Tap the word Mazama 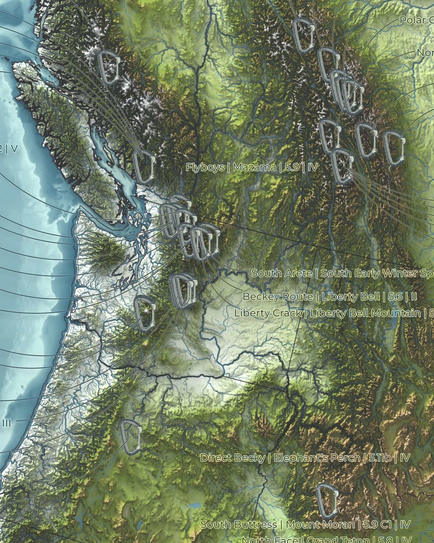pos(254,167)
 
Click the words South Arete pos(281,273)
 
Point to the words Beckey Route pos(278,297)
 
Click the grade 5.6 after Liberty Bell pos(395,297)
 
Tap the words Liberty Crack pos(268,313)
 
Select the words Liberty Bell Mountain pos(365,313)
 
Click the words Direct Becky pos(232,458)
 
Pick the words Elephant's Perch pos(317,458)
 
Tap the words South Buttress pos(238,525)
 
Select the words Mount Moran pos(320,525)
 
